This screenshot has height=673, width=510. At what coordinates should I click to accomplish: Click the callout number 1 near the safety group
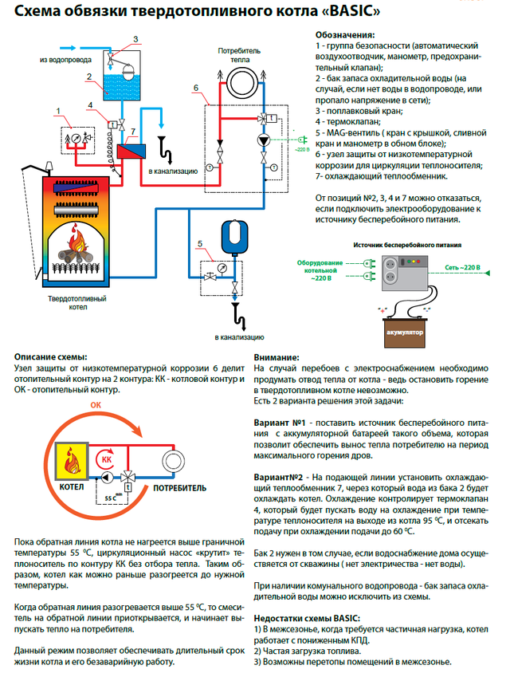coord(57,109)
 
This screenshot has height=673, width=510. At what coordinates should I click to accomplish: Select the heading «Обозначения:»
coord(343,36)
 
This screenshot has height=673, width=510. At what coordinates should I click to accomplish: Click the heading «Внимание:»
coord(277,357)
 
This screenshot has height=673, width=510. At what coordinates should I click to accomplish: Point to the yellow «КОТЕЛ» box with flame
coord(72,463)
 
